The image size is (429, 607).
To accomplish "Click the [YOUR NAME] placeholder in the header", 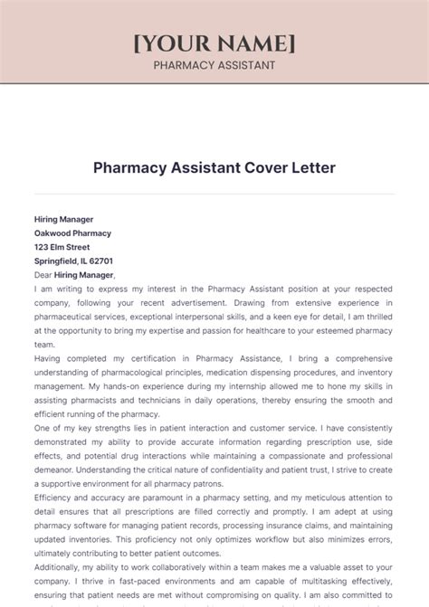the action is point(214,43).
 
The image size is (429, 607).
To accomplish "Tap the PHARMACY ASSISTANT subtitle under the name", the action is point(214,65).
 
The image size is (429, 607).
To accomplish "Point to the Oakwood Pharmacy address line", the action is point(72,232).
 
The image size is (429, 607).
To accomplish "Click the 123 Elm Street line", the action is point(62,246).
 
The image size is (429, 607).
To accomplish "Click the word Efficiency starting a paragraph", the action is point(54,498).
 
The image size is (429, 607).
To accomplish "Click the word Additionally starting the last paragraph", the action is point(60,568).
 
